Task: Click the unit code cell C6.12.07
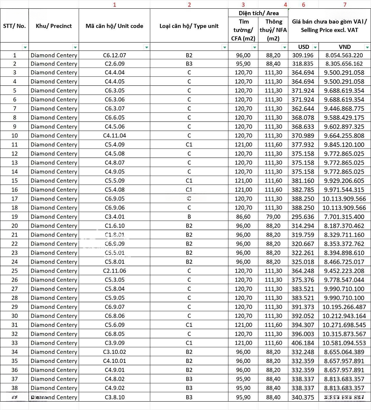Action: tap(114, 55)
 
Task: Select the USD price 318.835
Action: tap(303, 64)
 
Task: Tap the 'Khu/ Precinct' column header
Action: tap(54, 26)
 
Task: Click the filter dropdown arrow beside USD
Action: tap(315, 47)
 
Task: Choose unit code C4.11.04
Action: tap(114, 136)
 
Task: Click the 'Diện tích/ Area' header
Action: tap(258, 13)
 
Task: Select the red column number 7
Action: tap(344, 5)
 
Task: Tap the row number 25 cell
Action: tap(15, 271)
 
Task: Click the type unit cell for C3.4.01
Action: tap(189, 217)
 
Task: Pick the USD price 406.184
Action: tap(303, 343)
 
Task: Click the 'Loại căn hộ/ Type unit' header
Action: tap(189, 26)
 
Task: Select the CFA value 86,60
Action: tap(243, 217)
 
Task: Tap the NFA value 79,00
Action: tap(273, 217)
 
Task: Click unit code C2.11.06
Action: tap(114, 271)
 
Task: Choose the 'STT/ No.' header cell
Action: tap(14, 26)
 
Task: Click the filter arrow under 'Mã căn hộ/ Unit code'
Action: tap(146, 47)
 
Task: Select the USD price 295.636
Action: tap(303, 217)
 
